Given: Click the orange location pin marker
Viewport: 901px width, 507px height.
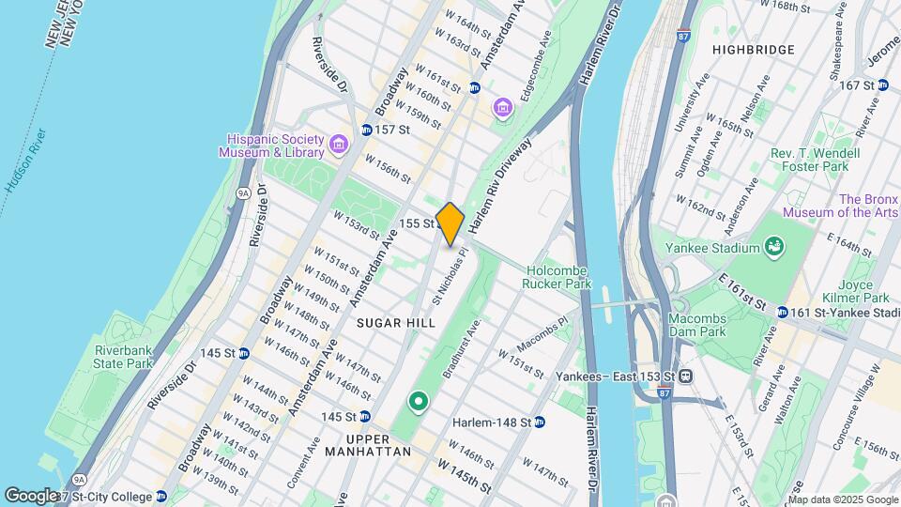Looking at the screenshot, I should pyautogui.click(x=450, y=224).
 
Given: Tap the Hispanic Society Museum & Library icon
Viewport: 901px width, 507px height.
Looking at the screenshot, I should pyautogui.click(x=339, y=146).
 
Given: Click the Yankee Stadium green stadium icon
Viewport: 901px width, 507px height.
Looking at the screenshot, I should pyautogui.click(x=775, y=247).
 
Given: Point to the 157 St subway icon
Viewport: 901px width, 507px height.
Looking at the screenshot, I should pyautogui.click(x=367, y=130).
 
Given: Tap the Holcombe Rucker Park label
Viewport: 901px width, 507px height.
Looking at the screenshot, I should pyautogui.click(x=558, y=276).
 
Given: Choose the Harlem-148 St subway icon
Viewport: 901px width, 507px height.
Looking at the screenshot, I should pyautogui.click(x=540, y=422).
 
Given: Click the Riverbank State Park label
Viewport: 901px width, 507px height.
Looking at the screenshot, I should pyautogui.click(x=123, y=357).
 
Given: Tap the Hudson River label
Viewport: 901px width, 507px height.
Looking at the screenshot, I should pyautogui.click(x=25, y=161).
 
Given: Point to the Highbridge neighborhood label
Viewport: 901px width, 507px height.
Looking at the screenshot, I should pyautogui.click(x=753, y=50).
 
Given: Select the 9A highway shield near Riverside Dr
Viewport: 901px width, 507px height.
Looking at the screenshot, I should pyautogui.click(x=243, y=193).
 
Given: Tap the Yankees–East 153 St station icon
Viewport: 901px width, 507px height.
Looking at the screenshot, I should pyautogui.click(x=686, y=376).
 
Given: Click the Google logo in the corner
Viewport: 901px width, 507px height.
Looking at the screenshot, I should pyautogui.click(x=30, y=495).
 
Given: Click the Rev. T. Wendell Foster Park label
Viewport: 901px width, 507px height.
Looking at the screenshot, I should pyautogui.click(x=814, y=160).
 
